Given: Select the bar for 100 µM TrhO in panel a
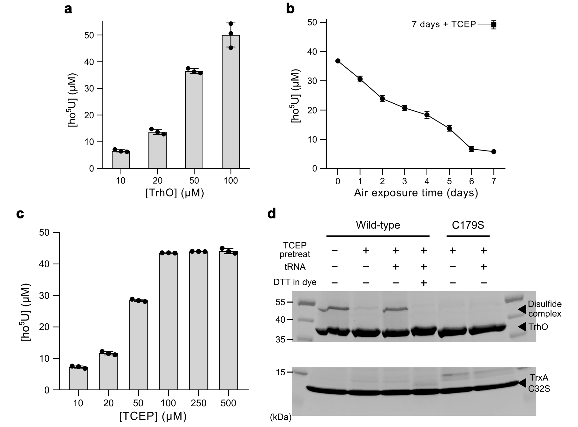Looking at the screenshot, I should point(231,102).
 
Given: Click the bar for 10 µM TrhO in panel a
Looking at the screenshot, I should point(121,160).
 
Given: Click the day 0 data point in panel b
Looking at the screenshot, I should point(338,61).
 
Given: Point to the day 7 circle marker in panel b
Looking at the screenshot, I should point(494,152).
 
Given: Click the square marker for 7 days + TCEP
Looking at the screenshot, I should point(494,25).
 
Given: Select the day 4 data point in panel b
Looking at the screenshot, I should point(427,115).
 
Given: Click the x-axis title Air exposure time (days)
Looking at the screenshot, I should point(416,193).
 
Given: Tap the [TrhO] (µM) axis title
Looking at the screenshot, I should point(175,193).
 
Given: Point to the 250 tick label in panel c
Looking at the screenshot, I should point(198,403).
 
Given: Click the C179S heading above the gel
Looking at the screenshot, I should point(468,225).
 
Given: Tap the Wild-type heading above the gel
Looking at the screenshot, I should point(378,225).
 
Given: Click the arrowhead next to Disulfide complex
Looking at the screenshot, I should point(521,309).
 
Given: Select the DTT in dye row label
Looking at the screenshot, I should point(295,282).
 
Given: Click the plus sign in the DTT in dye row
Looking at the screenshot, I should point(424,283).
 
